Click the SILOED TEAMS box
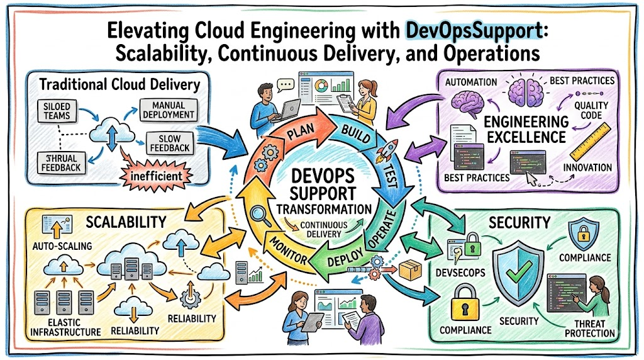57,111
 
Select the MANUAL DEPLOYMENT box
169,110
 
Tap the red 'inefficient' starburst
156,176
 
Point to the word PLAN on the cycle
301,132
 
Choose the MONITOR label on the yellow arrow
288,250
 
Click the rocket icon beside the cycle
389,151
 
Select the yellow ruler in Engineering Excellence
591,142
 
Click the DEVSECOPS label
460,273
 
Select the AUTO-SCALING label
62,246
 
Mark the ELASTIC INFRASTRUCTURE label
65,327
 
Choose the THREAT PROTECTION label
590,329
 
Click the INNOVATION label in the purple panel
587,167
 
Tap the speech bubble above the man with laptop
286,85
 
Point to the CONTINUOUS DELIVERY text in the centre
324,229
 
